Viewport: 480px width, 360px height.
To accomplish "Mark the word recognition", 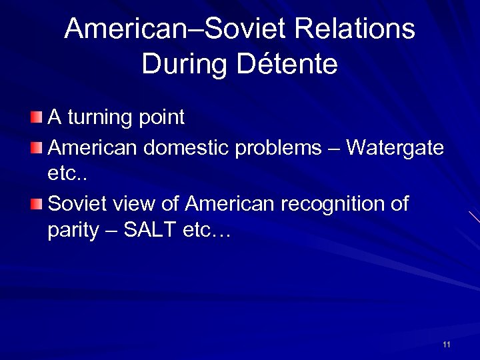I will point(335,203).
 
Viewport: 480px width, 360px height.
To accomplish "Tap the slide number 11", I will point(446,345).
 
